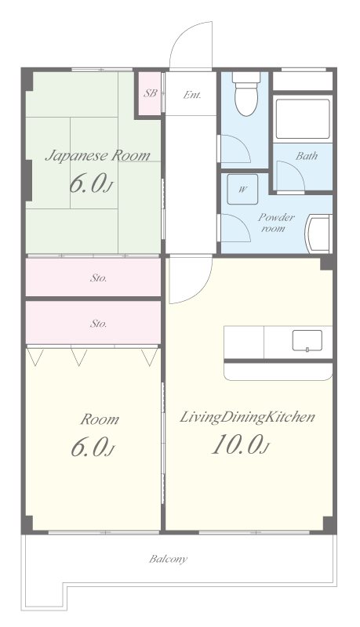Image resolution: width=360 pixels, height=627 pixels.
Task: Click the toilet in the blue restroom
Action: pyautogui.click(x=245, y=94)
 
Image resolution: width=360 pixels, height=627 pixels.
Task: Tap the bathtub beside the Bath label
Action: pyautogui.click(x=303, y=118)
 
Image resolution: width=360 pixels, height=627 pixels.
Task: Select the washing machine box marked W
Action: pyautogui.click(x=242, y=189)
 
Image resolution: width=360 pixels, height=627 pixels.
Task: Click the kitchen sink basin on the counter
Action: pyautogui.click(x=307, y=341)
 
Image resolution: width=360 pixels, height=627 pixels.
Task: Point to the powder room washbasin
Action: pyautogui.click(x=318, y=234)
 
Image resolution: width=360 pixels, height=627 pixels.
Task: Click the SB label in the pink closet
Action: pyautogui.click(x=150, y=93)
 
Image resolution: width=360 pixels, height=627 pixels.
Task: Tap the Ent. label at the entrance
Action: pyautogui.click(x=192, y=95)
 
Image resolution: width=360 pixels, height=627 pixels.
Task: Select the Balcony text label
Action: pyautogui.click(x=168, y=559)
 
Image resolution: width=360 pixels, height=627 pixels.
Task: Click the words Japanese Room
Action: pyautogui.click(x=97, y=155)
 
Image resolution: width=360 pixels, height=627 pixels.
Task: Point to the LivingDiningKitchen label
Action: pyautogui.click(x=247, y=418)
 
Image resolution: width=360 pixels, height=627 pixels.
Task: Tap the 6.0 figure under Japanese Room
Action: pyautogui.click(x=91, y=183)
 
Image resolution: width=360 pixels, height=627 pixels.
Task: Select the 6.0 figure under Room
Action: pyautogui.click(x=93, y=447)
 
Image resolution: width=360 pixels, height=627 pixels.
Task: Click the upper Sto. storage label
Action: pyautogui.click(x=98, y=278)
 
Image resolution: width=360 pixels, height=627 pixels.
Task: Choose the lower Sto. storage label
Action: pyautogui.click(x=98, y=324)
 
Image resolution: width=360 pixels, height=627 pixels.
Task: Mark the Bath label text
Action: pyautogui.click(x=307, y=156)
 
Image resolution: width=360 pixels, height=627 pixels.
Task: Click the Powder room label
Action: pyautogui.click(x=276, y=223)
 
